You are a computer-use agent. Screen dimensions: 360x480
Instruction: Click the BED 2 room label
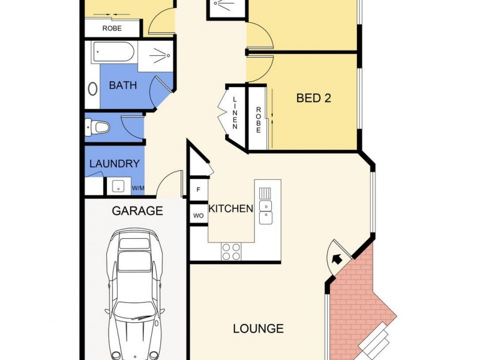coord(314,98)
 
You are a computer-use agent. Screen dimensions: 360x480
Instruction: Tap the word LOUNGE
coord(258,329)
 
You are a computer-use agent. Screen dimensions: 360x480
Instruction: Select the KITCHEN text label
coord(230,209)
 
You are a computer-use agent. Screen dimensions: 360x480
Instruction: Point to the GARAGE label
coord(137,211)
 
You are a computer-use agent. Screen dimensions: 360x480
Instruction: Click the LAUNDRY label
coord(114,163)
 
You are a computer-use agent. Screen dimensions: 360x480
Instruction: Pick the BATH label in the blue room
coord(122,86)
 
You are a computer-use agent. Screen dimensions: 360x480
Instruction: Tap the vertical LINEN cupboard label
coord(235,113)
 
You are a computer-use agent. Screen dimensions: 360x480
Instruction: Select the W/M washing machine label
coord(138,188)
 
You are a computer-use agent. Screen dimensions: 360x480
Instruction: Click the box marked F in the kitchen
coord(198,190)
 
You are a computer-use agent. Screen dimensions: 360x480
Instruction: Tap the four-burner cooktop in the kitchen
coord(232,251)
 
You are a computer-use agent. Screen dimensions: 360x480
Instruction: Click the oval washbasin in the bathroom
coord(93,89)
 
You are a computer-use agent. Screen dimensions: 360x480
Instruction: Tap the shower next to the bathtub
coord(156,55)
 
